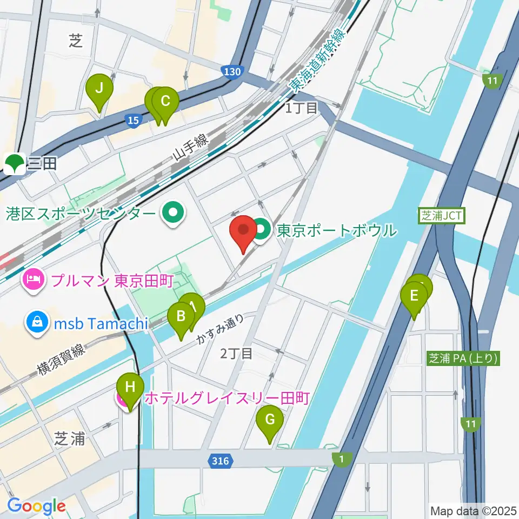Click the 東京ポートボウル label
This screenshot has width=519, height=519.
(x=336, y=231)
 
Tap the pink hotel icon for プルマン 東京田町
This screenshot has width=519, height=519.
(x=33, y=280)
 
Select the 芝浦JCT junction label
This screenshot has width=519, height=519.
(x=441, y=216)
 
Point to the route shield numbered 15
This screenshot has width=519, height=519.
(x=134, y=120)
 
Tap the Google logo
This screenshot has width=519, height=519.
(x=36, y=506)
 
